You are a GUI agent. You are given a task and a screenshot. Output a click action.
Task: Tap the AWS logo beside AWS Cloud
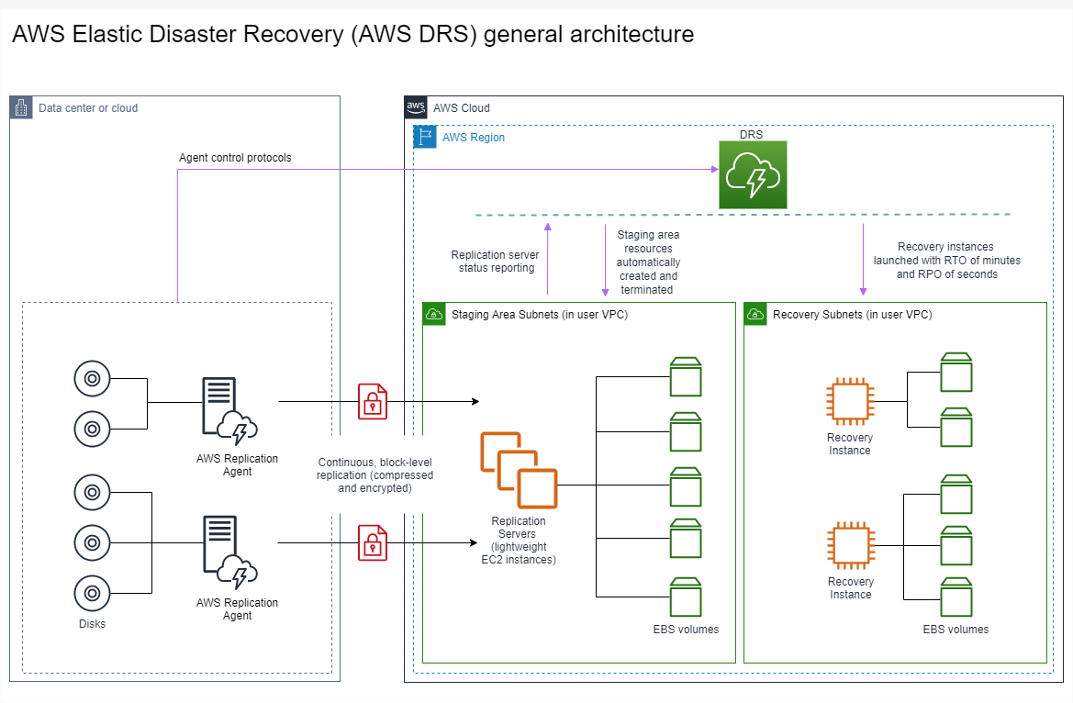click(x=416, y=107)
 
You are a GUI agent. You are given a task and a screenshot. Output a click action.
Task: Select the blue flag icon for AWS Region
click(x=424, y=138)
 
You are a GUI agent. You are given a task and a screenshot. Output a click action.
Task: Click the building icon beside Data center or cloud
click(x=21, y=107)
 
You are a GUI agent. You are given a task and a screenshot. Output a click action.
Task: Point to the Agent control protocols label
click(x=235, y=158)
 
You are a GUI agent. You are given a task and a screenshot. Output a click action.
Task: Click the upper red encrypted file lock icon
click(x=372, y=401)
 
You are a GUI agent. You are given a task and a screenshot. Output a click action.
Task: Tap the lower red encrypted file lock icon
click(x=372, y=542)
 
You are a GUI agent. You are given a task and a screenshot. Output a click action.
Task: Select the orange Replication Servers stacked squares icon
click(x=519, y=470)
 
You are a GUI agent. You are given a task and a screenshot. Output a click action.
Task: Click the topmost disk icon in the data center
click(x=92, y=378)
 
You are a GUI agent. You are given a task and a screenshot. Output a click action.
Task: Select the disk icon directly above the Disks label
click(x=92, y=592)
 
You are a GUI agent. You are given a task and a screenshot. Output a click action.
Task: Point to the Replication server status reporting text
click(x=497, y=262)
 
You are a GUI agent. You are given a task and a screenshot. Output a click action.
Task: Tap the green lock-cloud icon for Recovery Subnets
click(x=755, y=315)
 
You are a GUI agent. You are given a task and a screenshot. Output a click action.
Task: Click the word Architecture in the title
click(x=632, y=35)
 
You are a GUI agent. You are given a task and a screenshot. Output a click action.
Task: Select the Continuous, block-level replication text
click(x=374, y=475)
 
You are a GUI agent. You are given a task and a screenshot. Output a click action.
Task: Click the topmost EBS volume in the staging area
click(x=685, y=375)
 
